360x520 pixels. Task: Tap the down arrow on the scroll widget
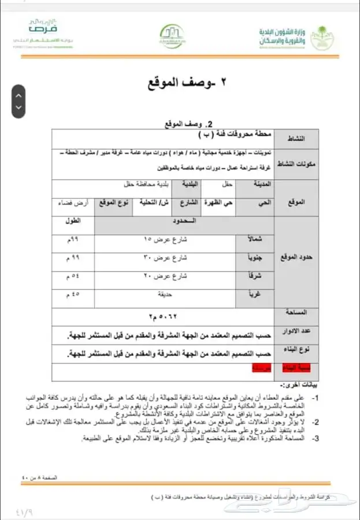[x=19, y=107]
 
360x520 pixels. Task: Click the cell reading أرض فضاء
[x=72, y=204]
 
